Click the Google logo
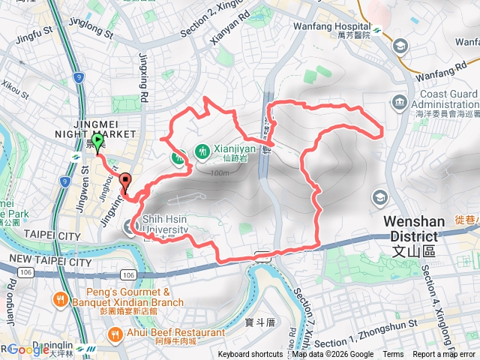tap(28, 349)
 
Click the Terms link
tap(393, 355)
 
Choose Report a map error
tap(444, 355)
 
